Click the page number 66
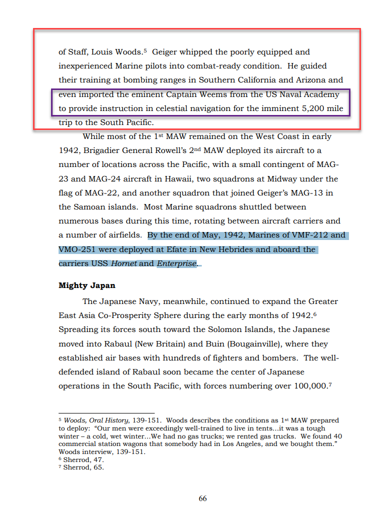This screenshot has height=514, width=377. (202, 498)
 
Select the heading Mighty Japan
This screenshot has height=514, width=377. (87, 285)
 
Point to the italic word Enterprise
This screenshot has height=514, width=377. (176, 263)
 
